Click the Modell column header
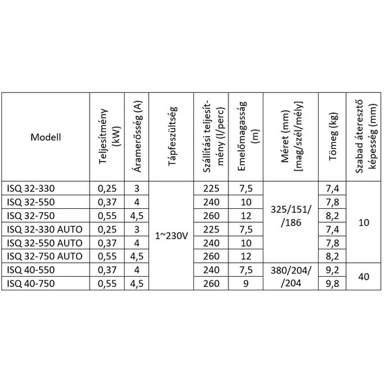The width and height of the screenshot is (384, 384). pyautogui.click(x=46, y=137)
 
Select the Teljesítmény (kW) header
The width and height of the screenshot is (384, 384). pyautogui.click(x=106, y=137)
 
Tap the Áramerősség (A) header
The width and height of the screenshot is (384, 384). pyautogui.click(x=137, y=137)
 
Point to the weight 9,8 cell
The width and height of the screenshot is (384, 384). pyautogui.click(x=331, y=283)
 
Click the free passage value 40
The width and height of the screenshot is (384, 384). pyautogui.click(x=363, y=276)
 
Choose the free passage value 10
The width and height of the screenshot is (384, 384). pyautogui.click(x=363, y=222)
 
